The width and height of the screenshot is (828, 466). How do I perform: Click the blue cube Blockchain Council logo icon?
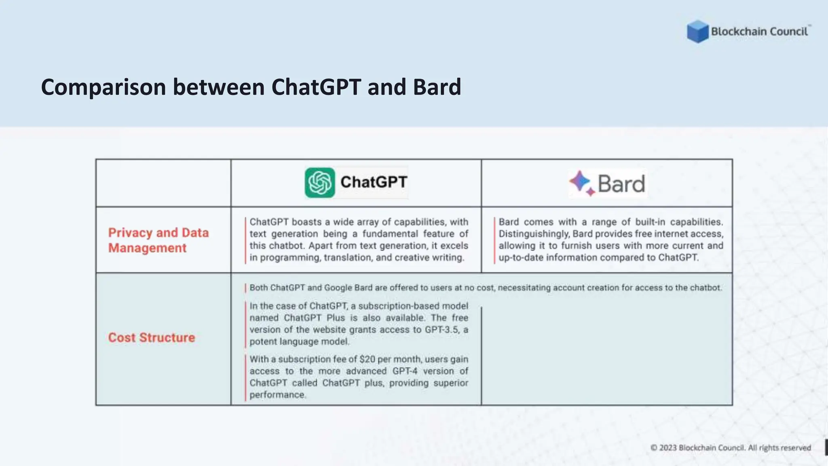pos(697,32)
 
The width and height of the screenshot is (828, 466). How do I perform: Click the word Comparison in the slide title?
pos(103,87)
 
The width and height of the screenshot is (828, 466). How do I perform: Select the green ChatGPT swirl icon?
pos(320,183)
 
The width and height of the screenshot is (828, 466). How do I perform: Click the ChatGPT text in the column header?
pos(374,182)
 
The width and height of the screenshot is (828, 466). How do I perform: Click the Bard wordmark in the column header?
pos(621,184)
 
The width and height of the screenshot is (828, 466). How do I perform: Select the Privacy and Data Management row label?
pos(158,240)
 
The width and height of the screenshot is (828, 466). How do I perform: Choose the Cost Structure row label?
pos(151,337)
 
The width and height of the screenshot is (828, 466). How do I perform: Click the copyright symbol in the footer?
pos(654,448)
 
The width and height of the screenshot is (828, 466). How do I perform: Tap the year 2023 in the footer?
pos(668,448)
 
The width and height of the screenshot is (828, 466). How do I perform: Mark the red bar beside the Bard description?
pos(494,240)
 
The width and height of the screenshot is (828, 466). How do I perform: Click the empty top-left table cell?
pos(163,183)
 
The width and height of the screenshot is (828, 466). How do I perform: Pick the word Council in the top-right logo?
pos(788,32)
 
